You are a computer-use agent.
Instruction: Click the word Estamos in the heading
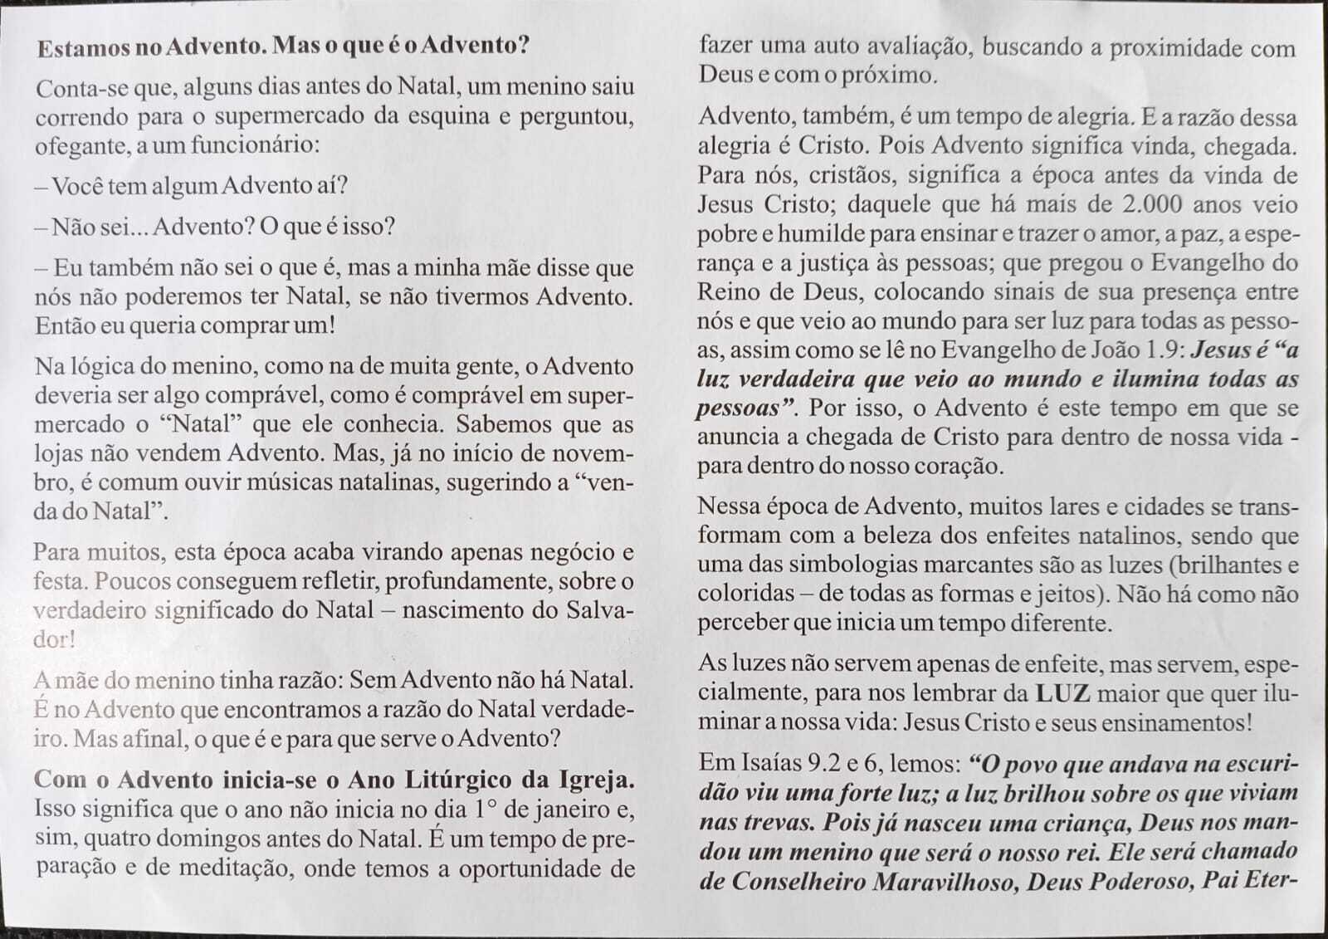click(x=82, y=46)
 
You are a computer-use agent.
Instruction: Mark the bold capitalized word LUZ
click(x=1062, y=692)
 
